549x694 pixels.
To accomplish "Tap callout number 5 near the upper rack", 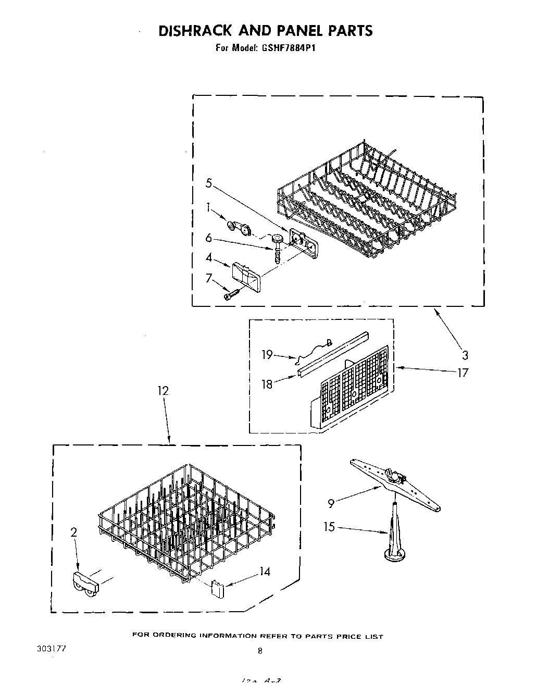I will [x=208, y=183].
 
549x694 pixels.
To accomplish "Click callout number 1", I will [x=209, y=208].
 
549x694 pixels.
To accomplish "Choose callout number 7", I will [x=209, y=278].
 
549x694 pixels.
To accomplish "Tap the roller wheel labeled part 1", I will [x=239, y=228].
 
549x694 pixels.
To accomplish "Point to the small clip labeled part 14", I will [x=217, y=589].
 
